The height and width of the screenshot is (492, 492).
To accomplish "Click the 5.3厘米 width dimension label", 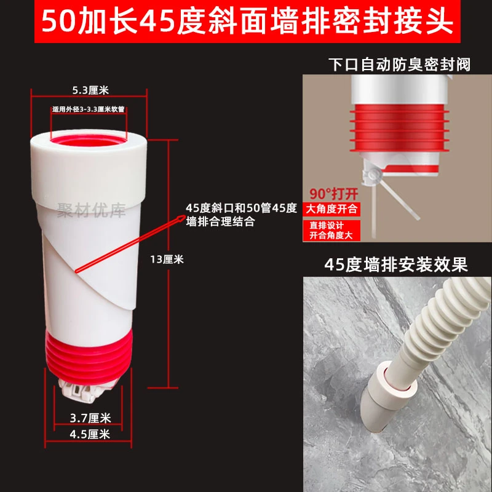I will [90, 90].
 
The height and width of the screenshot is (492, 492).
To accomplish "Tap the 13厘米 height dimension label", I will [167, 259].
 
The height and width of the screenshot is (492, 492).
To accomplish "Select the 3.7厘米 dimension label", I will [90, 418].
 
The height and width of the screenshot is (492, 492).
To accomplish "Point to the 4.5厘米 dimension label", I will [90, 434].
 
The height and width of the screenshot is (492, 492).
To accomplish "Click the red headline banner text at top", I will [246, 22].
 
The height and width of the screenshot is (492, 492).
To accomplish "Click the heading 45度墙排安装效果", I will [397, 265].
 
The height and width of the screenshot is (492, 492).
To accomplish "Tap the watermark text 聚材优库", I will [91, 211].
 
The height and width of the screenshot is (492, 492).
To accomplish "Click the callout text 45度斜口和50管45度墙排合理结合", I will [241, 215].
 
